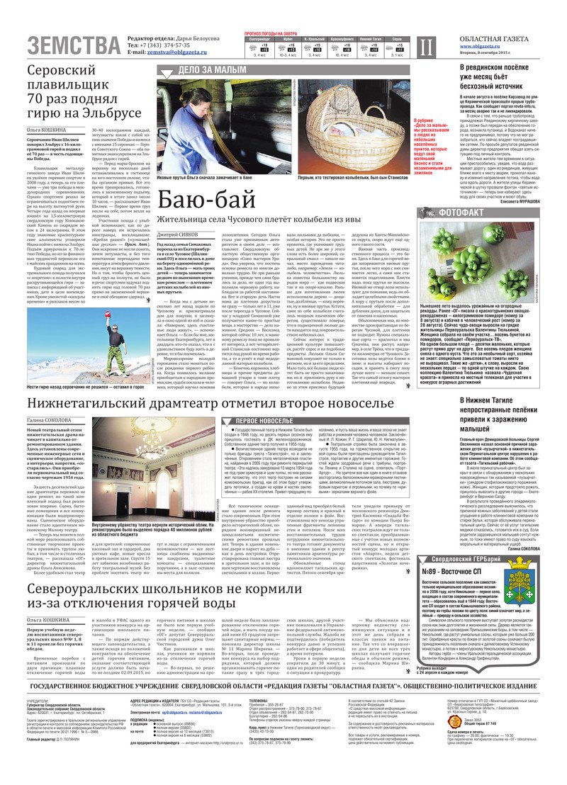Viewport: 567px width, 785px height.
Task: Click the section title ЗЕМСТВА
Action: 74,45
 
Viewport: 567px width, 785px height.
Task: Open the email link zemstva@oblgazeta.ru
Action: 177,52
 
